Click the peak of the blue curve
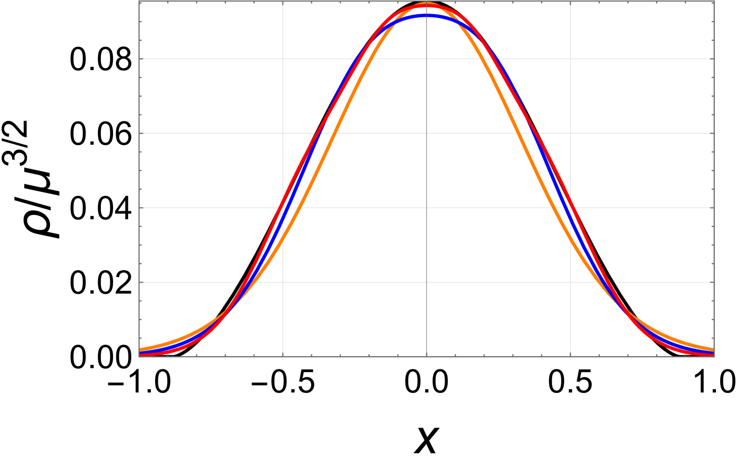pos(426,16)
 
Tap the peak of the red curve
pos(426,6)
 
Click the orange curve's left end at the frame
pos(140,349)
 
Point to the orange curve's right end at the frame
pos(713,350)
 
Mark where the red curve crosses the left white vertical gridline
pos(283,203)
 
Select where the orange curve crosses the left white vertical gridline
pos(283,239)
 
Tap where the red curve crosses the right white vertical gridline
pos(570,203)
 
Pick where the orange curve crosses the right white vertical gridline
pos(570,239)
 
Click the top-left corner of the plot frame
pos(139,1)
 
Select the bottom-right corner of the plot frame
pos(714,356)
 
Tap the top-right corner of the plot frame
pos(714,1)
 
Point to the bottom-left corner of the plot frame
pos(139,356)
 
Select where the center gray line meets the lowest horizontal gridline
pos(426,282)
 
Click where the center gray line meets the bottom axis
pos(426,356)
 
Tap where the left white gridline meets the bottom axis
pos(283,356)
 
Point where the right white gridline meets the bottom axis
pos(570,356)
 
